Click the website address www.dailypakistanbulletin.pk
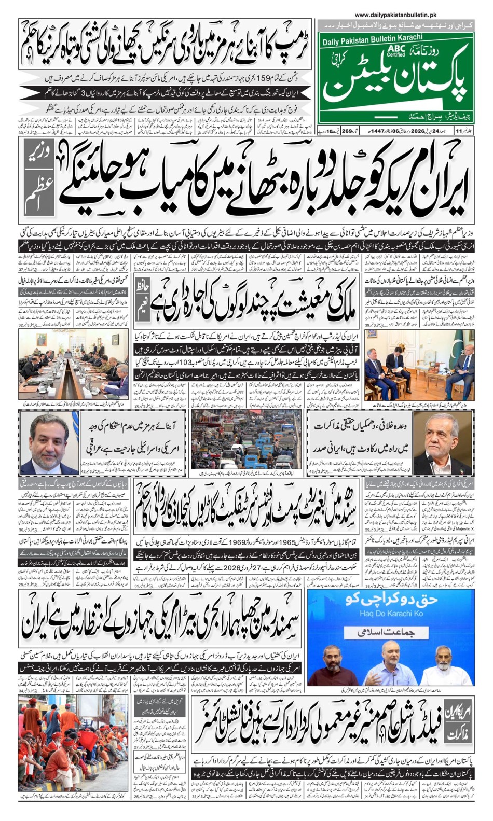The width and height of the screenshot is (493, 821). (x=395, y=16)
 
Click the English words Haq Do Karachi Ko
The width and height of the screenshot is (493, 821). (x=390, y=614)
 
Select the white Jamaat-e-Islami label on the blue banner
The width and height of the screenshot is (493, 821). (x=390, y=633)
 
